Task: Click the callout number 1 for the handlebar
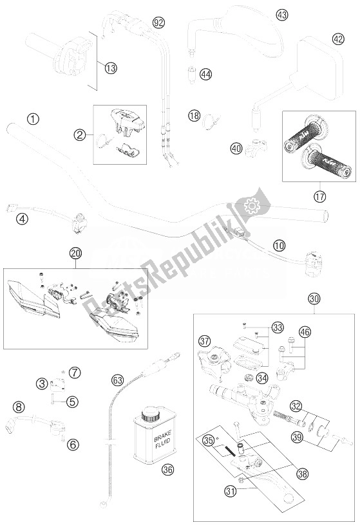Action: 32,119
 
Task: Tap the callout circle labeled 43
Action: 281,14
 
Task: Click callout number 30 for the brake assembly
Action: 314,299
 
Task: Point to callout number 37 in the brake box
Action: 205,340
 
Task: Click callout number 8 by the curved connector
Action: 19,406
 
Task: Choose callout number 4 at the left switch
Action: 23,219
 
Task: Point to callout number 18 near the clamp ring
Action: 194,116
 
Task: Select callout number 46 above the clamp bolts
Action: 305,333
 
